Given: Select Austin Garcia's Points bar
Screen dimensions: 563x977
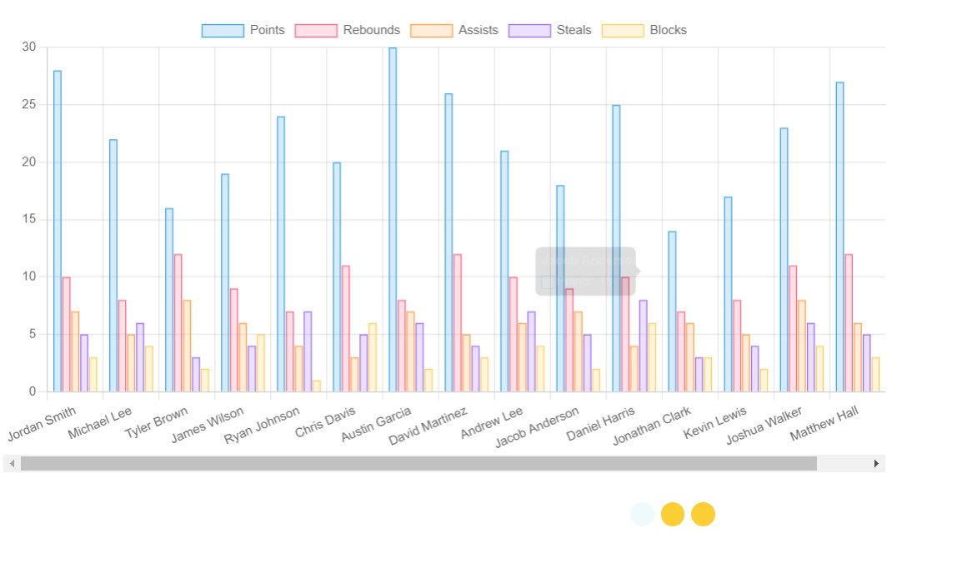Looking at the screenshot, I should (393, 220).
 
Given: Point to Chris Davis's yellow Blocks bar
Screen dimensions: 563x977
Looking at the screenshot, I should (372, 357).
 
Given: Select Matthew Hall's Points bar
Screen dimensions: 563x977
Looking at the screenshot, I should (839, 237).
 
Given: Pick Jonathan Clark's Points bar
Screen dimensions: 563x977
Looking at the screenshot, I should (672, 311).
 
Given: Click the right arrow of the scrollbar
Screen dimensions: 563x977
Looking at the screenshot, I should (876, 463).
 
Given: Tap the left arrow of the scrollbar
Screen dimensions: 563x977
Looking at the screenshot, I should (13, 463).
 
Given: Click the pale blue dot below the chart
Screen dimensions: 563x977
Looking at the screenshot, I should (643, 515).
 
